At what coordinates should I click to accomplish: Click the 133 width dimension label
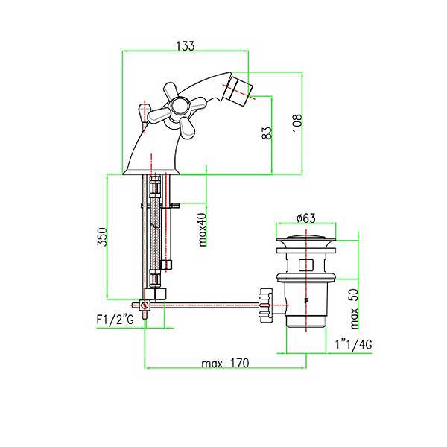186,45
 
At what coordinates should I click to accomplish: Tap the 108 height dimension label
297,123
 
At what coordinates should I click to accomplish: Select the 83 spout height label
267,133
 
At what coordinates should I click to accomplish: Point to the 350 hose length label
102,236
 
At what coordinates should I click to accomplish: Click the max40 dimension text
202,229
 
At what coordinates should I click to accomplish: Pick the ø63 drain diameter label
306,218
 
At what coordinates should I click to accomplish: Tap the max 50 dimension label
353,308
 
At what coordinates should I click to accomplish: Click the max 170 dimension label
225,364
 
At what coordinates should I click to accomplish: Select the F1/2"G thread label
115,320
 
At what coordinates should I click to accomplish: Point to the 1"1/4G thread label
353,345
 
